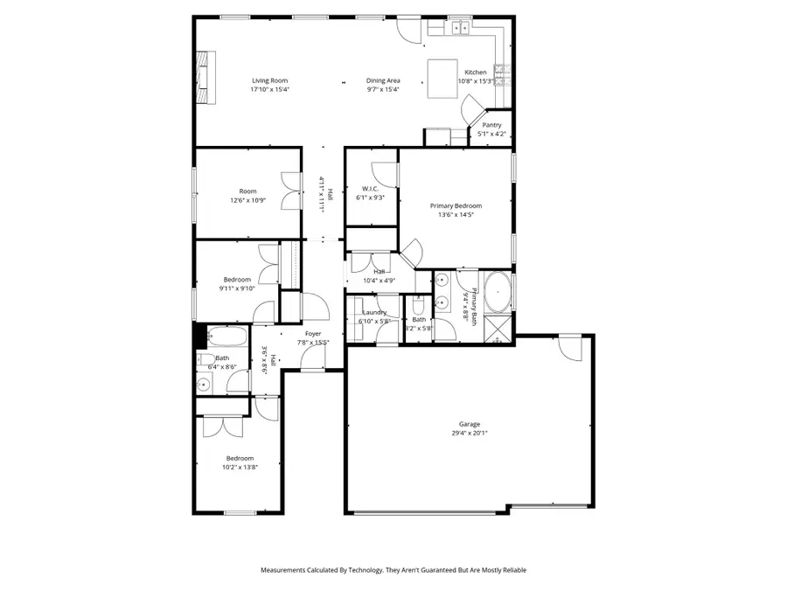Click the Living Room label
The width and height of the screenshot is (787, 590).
[x=269, y=80]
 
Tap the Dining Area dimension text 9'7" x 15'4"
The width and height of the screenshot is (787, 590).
[x=382, y=89]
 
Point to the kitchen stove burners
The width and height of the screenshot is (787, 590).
[x=502, y=76]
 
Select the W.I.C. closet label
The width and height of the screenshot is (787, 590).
[x=369, y=189]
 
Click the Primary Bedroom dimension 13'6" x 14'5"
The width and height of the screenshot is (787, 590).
[x=456, y=214]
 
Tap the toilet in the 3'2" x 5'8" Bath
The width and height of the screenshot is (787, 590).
[x=418, y=307]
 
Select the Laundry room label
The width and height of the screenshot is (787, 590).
[x=374, y=312]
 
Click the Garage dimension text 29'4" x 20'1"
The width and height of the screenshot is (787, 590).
[x=470, y=433]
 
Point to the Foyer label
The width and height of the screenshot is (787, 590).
[x=312, y=334]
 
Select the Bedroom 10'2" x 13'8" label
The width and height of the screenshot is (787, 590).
[x=240, y=459]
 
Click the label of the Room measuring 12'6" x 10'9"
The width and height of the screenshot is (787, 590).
[x=247, y=191]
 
